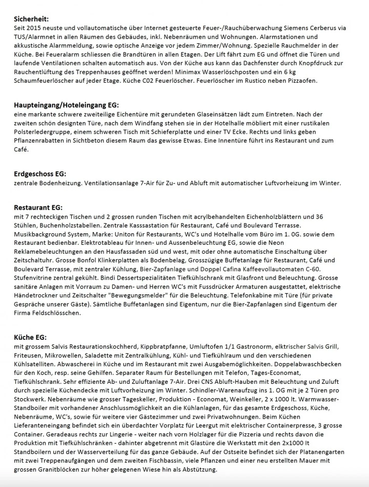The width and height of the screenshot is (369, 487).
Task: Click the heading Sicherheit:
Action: (x=31, y=19)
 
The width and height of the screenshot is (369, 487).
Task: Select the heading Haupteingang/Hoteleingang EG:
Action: (x=66, y=105)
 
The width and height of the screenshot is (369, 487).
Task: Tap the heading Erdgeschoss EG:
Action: (x=40, y=174)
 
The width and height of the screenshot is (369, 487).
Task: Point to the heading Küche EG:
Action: (x=30, y=337)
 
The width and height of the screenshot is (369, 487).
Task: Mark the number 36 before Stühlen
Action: (x=319, y=217)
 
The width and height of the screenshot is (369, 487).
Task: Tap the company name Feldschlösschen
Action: (x=56, y=313)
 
